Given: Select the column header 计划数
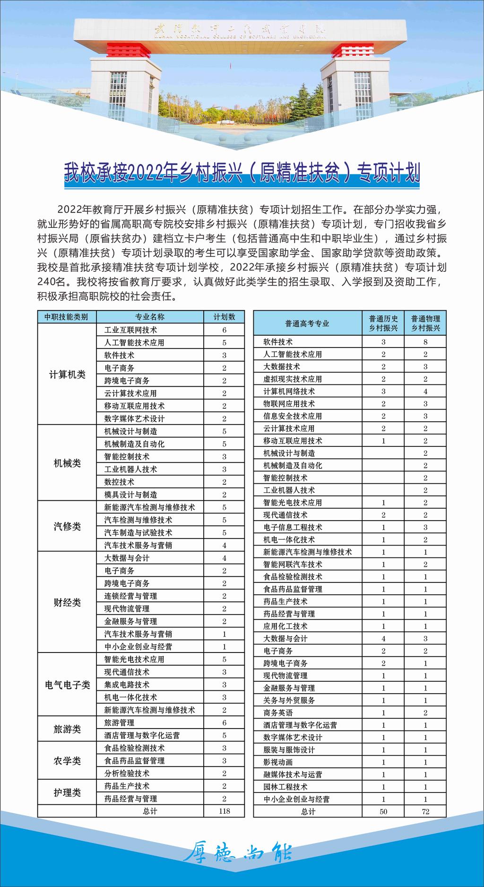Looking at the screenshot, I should pyautogui.click(x=224, y=317).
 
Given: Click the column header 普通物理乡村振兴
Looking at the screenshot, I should pyautogui.click(x=425, y=323).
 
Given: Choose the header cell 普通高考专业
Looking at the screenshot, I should pyautogui.click(x=307, y=323).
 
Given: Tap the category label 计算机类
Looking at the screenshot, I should pyautogui.click(x=67, y=374).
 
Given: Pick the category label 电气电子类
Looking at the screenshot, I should pyautogui.click(x=67, y=685).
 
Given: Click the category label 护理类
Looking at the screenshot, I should pyautogui.click(x=67, y=792).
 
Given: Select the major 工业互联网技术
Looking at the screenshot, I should pyautogui.click(x=131, y=330).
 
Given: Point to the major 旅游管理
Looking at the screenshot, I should pyautogui.click(x=119, y=722).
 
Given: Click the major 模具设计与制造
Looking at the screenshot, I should pyautogui.click(x=131, y=495).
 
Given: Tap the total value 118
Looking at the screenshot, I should pyautogui.click(x=224, y=811).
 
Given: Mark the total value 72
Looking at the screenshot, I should pyautogui.click(x=425, y=811).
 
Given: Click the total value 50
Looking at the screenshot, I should pyautogui.click(x=383, y=811).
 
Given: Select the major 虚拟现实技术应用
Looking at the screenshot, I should pyautogui.click(x=293, y=379).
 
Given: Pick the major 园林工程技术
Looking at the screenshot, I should pyautogui.click(x=285, y=787).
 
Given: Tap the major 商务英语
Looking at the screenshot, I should pyautogui.click(x=278, y=713).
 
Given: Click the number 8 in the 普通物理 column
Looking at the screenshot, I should pyautogui.click(x=425, y=342).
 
